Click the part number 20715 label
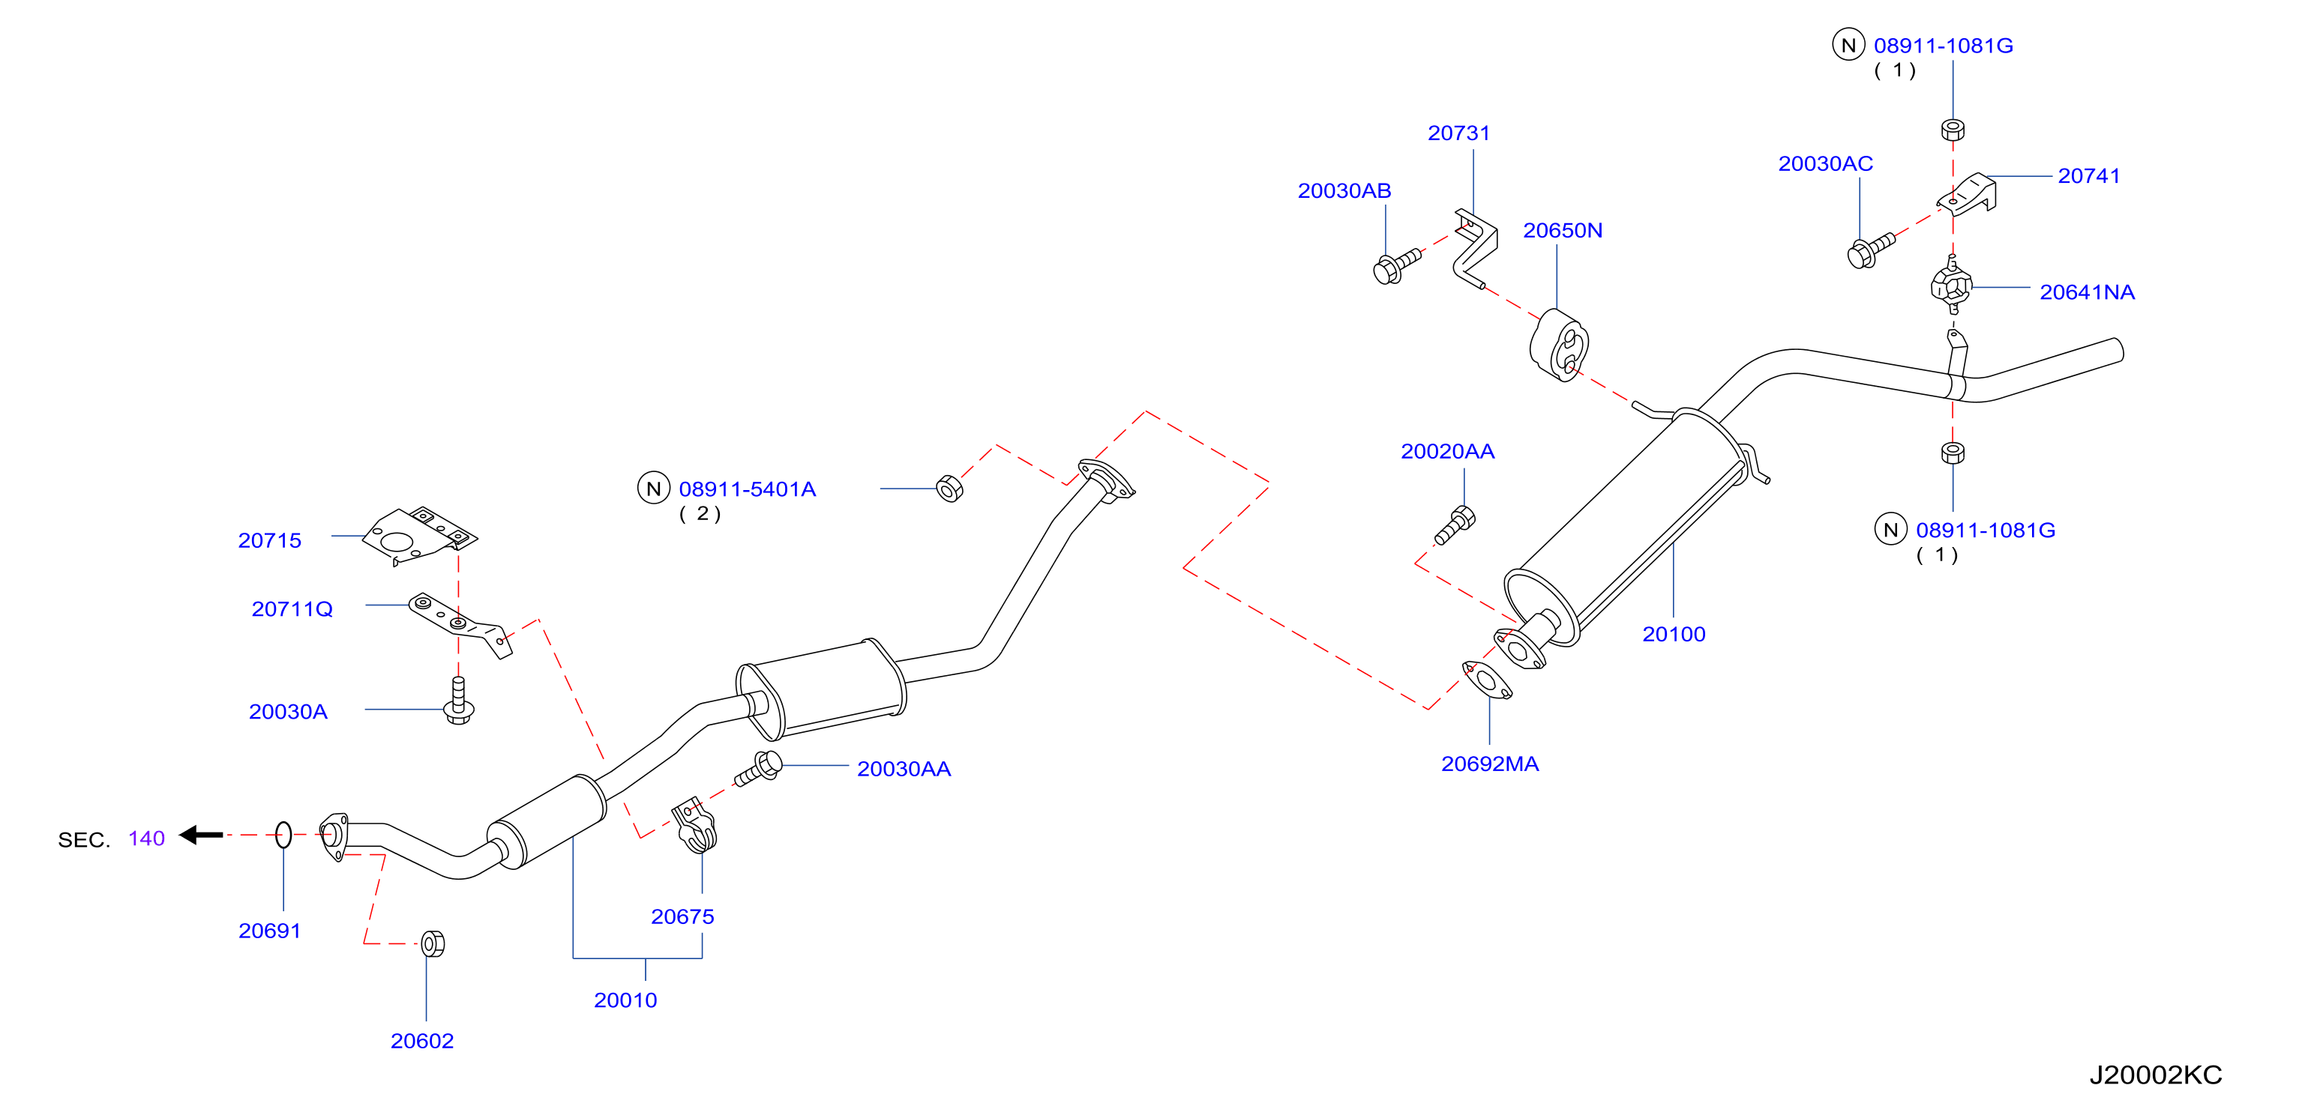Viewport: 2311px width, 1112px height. click(269, 540)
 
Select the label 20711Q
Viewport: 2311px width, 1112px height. click(292, 609)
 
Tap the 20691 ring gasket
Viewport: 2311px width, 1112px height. click(283, 835)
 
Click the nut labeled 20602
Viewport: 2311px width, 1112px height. click(433, 943)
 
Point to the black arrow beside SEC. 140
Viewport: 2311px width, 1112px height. click(201, 835)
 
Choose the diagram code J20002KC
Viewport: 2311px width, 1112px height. click(2155, 1075)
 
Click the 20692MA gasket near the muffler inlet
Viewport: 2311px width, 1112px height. click(1486, 680)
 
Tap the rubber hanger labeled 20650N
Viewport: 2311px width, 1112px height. click(1559, 346)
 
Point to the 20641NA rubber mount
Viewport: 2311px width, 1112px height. click(1951, 286)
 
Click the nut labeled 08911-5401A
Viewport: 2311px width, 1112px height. click(949, 489)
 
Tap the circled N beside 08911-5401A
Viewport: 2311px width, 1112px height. click(653, 489)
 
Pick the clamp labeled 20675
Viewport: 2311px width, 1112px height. click(695, 826)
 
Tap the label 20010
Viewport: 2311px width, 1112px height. click(625, 1000)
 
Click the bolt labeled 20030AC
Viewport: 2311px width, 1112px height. click(1871, 250)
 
